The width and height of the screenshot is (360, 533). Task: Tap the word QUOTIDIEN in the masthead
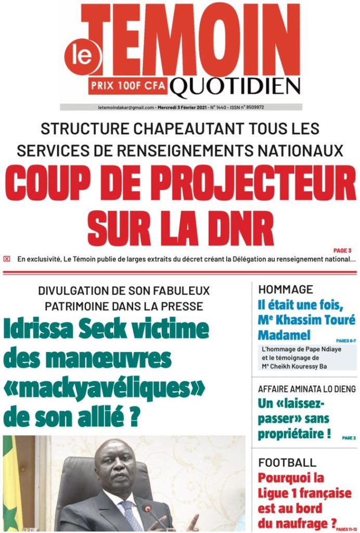point(235,89)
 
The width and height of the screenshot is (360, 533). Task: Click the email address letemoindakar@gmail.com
point(126,108)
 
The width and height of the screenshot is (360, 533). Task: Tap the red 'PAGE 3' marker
point(342,250)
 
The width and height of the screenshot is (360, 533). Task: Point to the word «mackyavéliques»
point(105,388)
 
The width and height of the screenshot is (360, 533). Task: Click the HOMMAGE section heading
point(286,290)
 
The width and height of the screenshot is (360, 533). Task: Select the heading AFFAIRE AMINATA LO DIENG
point(307,389)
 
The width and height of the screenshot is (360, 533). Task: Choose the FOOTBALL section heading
point(287,462)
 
